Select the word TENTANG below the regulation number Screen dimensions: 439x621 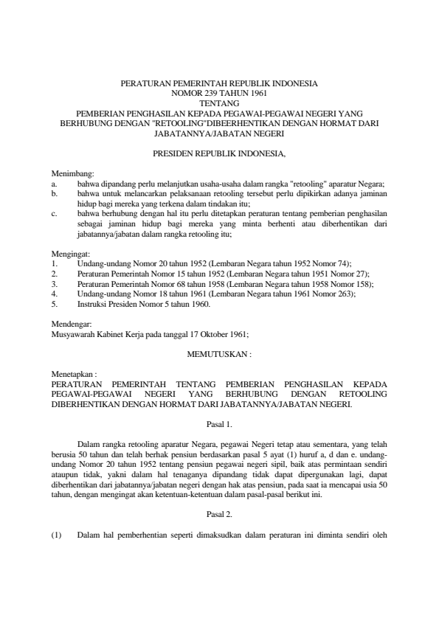coord(219,104)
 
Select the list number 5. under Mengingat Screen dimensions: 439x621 coord(55,303)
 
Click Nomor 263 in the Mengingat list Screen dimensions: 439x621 coord(336,294)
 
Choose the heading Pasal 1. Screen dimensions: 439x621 coord(219,424)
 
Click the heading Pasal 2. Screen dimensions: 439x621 coord(219,513)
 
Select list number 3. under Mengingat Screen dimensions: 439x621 coord(55,284)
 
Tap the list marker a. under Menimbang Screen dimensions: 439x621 coord(55,184)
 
